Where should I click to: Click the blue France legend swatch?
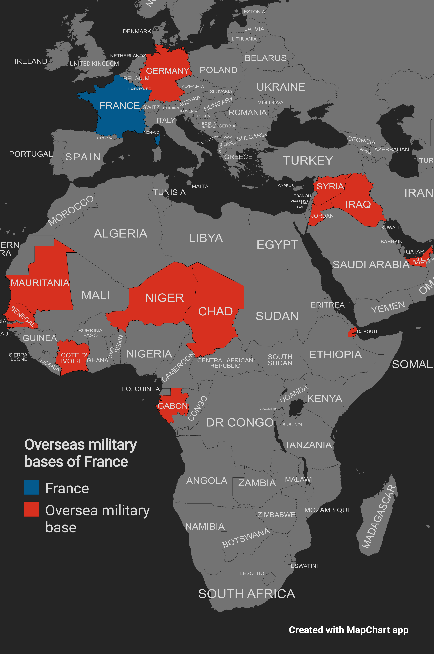32,487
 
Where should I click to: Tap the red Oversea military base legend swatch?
32,509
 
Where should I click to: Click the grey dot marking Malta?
189,183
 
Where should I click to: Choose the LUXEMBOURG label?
139,89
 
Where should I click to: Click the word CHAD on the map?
215,311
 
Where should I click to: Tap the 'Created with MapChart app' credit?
348,630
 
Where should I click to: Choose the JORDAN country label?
322,216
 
